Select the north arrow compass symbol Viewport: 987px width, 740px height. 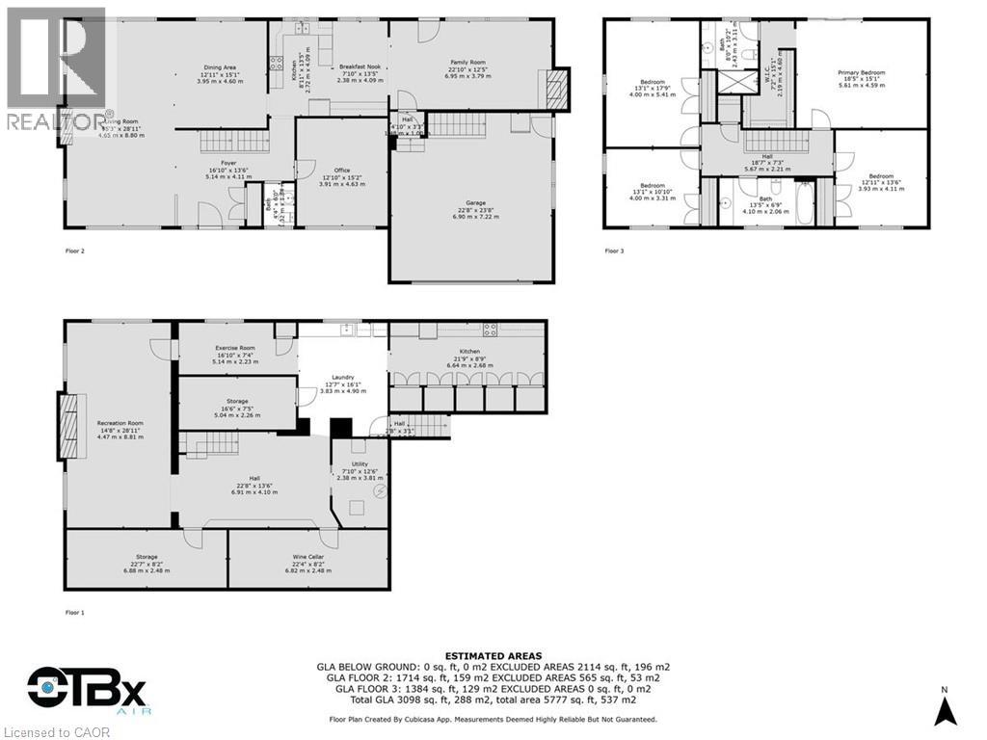pos(947,708)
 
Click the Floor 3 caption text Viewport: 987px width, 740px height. pos(615,251)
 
